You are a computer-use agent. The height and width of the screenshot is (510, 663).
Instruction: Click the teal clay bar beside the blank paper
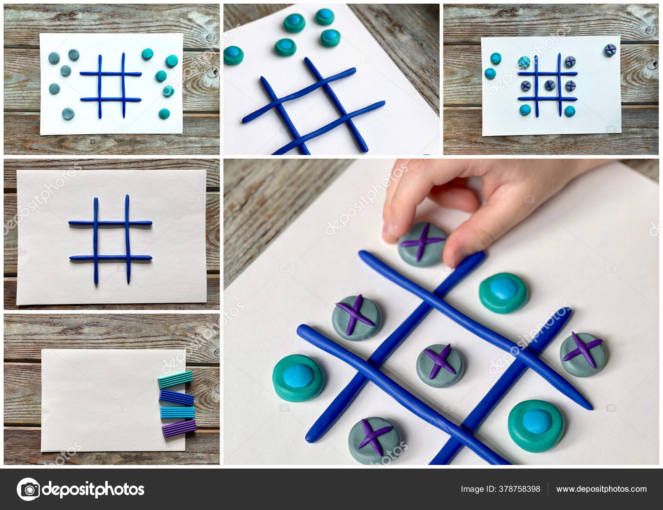coord(175,379)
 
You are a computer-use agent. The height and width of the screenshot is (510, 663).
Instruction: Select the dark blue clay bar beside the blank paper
coord(177,398)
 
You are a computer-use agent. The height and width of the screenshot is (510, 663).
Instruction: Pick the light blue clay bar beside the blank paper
coord(177,412)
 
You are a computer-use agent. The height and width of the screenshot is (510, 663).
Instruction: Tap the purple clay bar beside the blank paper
coord(179,428)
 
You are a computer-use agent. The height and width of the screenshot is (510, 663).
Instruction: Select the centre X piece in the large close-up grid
coord(440,365)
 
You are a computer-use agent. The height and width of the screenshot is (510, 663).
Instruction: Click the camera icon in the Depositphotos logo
coord(28,489)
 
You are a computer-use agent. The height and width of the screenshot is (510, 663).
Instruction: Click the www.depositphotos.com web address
coord(601,489)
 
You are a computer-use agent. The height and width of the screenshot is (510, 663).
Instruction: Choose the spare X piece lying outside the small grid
coord(610,50)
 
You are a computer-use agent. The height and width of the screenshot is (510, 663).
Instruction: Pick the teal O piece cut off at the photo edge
coord(233,55)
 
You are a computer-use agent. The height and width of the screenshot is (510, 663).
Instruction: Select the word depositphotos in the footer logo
coord(93,489)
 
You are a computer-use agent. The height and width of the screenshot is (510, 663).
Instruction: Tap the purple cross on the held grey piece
coord(423,241)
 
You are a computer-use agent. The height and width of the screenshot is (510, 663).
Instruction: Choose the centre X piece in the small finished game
coord(549,85)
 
